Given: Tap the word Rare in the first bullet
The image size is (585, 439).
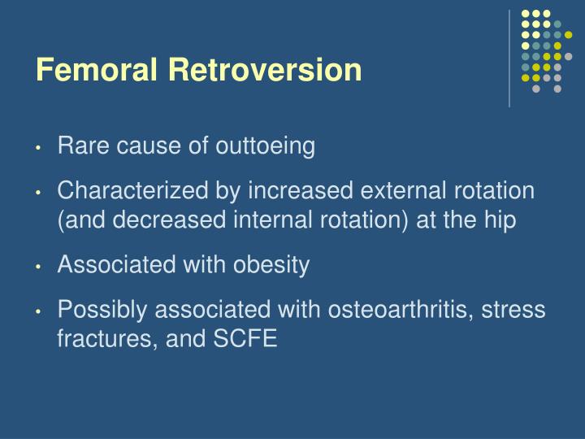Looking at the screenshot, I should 80,146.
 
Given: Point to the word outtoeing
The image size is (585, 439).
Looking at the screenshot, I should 264,146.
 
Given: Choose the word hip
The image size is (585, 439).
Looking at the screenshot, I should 499,220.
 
